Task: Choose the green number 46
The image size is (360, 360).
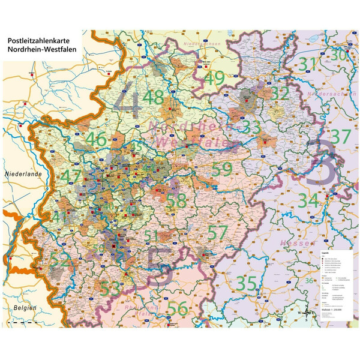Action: [96, 139]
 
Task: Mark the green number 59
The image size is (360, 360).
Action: [222, 169]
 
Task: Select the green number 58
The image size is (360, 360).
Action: [176, 201]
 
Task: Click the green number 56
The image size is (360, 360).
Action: [177, 308]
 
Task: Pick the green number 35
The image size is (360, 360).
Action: [246, 282]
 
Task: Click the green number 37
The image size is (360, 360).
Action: [340, 136]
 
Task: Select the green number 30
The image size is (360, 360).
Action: [340, 55]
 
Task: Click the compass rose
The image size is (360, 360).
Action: [305, 312]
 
